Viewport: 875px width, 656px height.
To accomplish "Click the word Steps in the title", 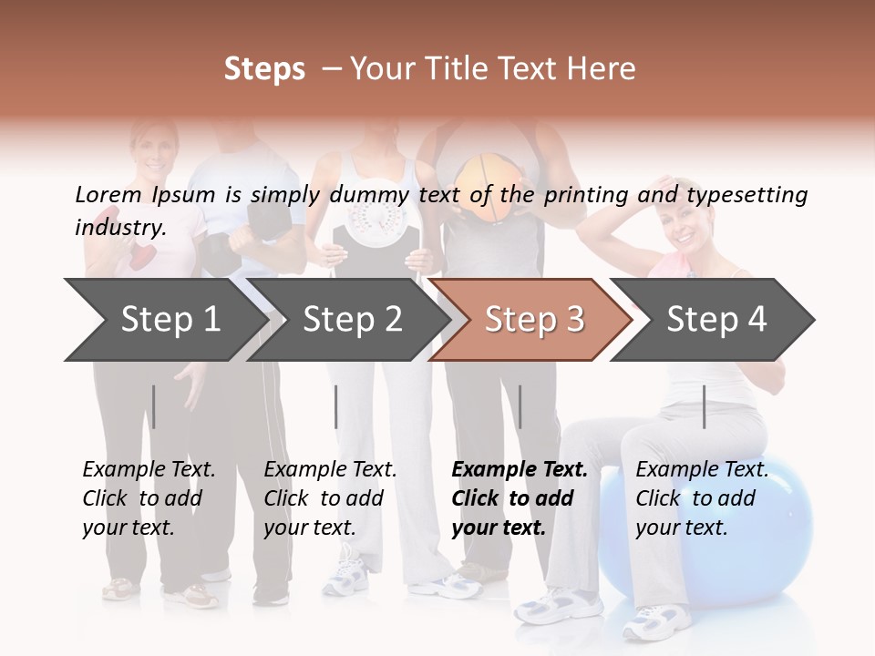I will [x=264, y=69].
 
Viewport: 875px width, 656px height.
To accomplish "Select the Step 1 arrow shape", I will [x=164, y=319].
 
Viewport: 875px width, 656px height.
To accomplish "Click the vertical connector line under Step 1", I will [x=154, y=406].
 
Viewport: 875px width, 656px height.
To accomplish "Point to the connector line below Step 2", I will [x=336, y=406].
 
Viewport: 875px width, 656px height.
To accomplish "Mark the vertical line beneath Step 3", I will [x=520, y=406].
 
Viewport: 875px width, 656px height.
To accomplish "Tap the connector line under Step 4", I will [x=704, y=406].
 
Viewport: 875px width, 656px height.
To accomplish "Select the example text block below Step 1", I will [x=149, y=497].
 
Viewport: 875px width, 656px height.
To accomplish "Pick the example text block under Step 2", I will [x=330, y=497].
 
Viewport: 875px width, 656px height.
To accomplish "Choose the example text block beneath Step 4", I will [x=702, y=497].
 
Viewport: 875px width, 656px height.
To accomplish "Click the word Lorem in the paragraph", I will [x=108, y=194].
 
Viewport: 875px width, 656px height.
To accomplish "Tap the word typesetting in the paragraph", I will [x=746, y=194].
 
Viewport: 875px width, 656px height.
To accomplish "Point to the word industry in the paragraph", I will [x=118, y=228].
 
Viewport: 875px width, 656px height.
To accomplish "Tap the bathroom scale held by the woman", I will [x=376, y=228].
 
